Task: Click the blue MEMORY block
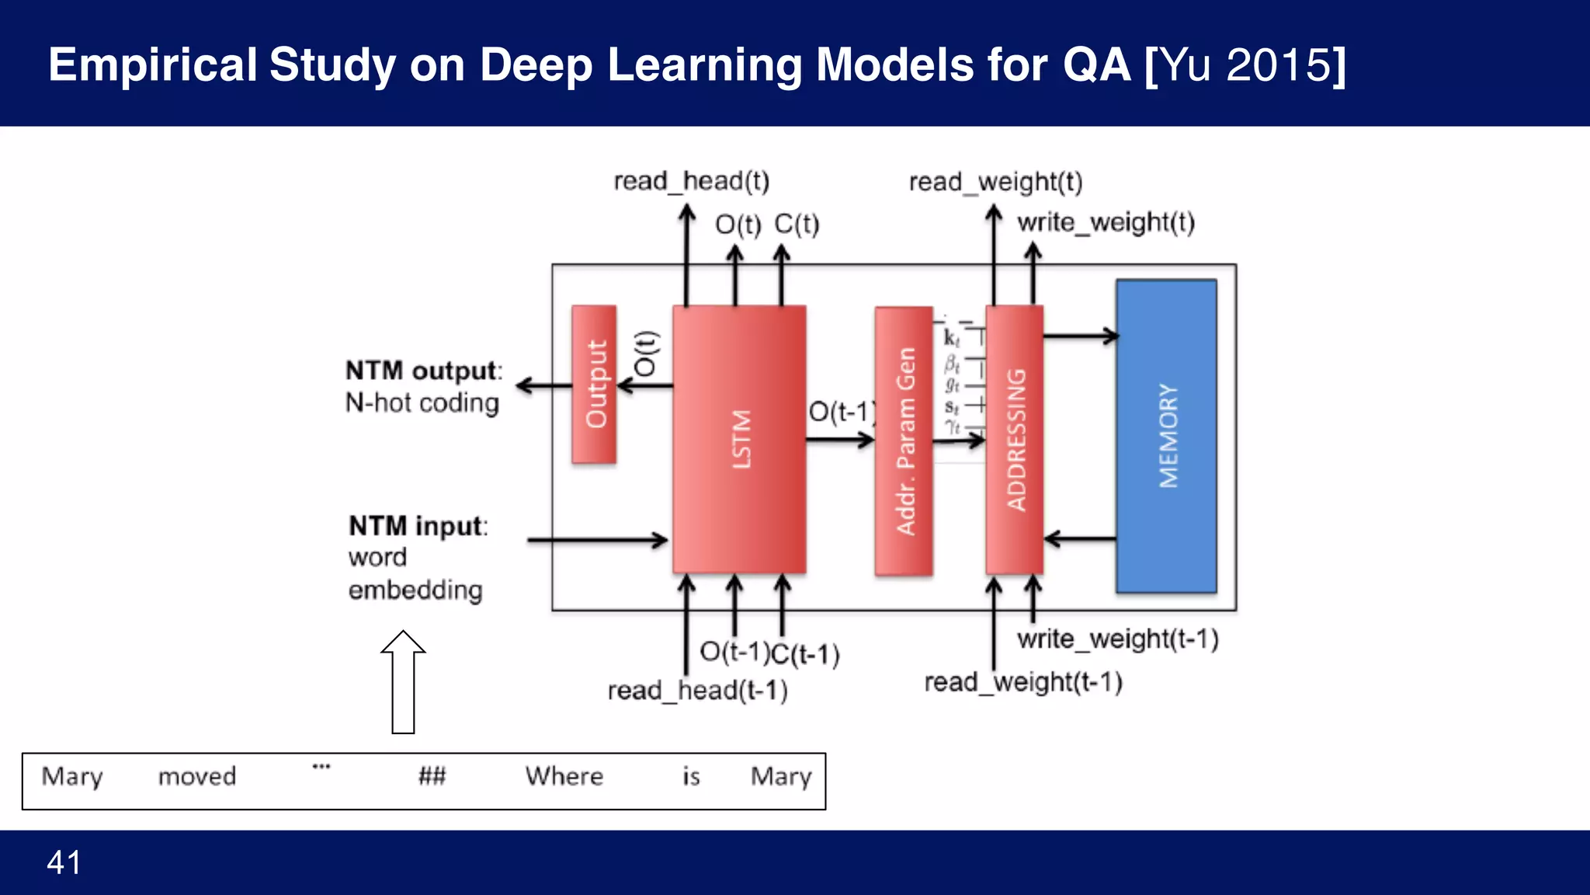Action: [x=1166, y=437]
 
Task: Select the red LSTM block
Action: [x=739, y=440]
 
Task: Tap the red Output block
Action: [x=594, y=385]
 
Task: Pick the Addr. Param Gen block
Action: [x=904, y=441]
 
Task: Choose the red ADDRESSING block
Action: [x=1014, y=440]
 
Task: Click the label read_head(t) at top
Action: [x=691, y=181]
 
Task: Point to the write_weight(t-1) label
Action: [x=1117, y=639]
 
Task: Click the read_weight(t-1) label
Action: [x=1022, y=682]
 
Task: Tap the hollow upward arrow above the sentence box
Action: [x=403, y=681]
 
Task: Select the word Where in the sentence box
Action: [x=564, y=776]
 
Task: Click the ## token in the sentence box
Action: [x=432, y=776]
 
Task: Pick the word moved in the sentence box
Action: [x=197, y=776]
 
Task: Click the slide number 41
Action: [x=64, y=862]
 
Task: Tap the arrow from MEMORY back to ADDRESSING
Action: [x=1080, y=538]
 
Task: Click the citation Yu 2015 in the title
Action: [x=1245, y=64]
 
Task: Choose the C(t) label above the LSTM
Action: [x=797, y=225]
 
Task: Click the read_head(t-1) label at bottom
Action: [x=697, y=690]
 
